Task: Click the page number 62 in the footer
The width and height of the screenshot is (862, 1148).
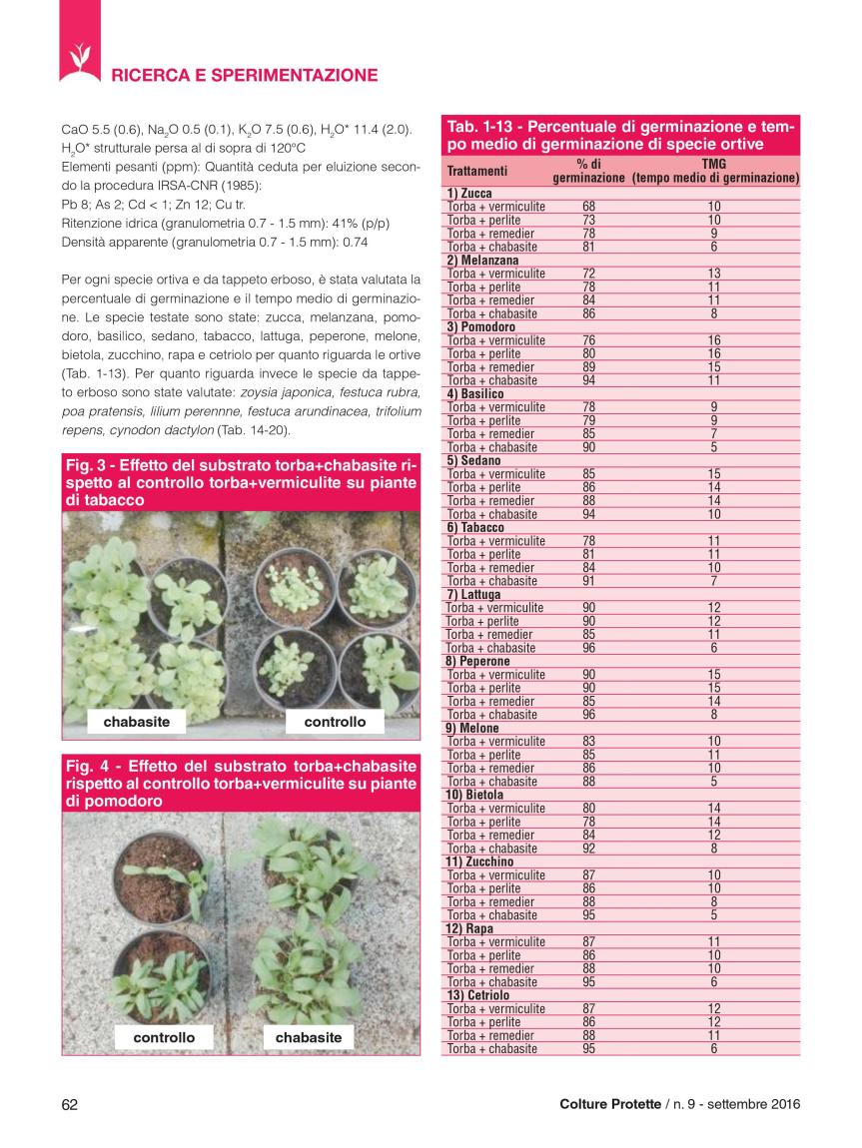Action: pos(70,1103)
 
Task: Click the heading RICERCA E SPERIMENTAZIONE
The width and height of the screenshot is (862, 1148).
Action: pos(245,75)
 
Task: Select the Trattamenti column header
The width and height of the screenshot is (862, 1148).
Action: pos(476,171)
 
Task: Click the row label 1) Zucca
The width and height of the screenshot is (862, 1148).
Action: pos(468,193)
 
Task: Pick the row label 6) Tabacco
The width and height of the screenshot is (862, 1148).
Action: pos(474,527)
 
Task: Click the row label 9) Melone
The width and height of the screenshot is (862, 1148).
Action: pos(472,728)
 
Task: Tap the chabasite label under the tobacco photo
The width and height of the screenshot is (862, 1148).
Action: pos(137,721)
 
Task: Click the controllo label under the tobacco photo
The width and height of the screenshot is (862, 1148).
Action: pos(335,721)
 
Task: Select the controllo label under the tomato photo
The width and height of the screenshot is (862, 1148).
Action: pos(164,1037)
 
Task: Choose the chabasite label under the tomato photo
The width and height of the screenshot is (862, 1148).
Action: pos(309,1037)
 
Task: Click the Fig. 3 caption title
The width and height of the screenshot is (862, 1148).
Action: pos(241,482)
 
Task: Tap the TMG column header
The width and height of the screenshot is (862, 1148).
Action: pos(714,164)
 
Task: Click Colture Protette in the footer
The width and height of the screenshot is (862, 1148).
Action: pos(609,1103)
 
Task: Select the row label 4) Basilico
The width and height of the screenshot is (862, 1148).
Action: pos(474,393)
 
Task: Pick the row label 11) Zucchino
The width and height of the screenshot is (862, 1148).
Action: pos(478,861)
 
